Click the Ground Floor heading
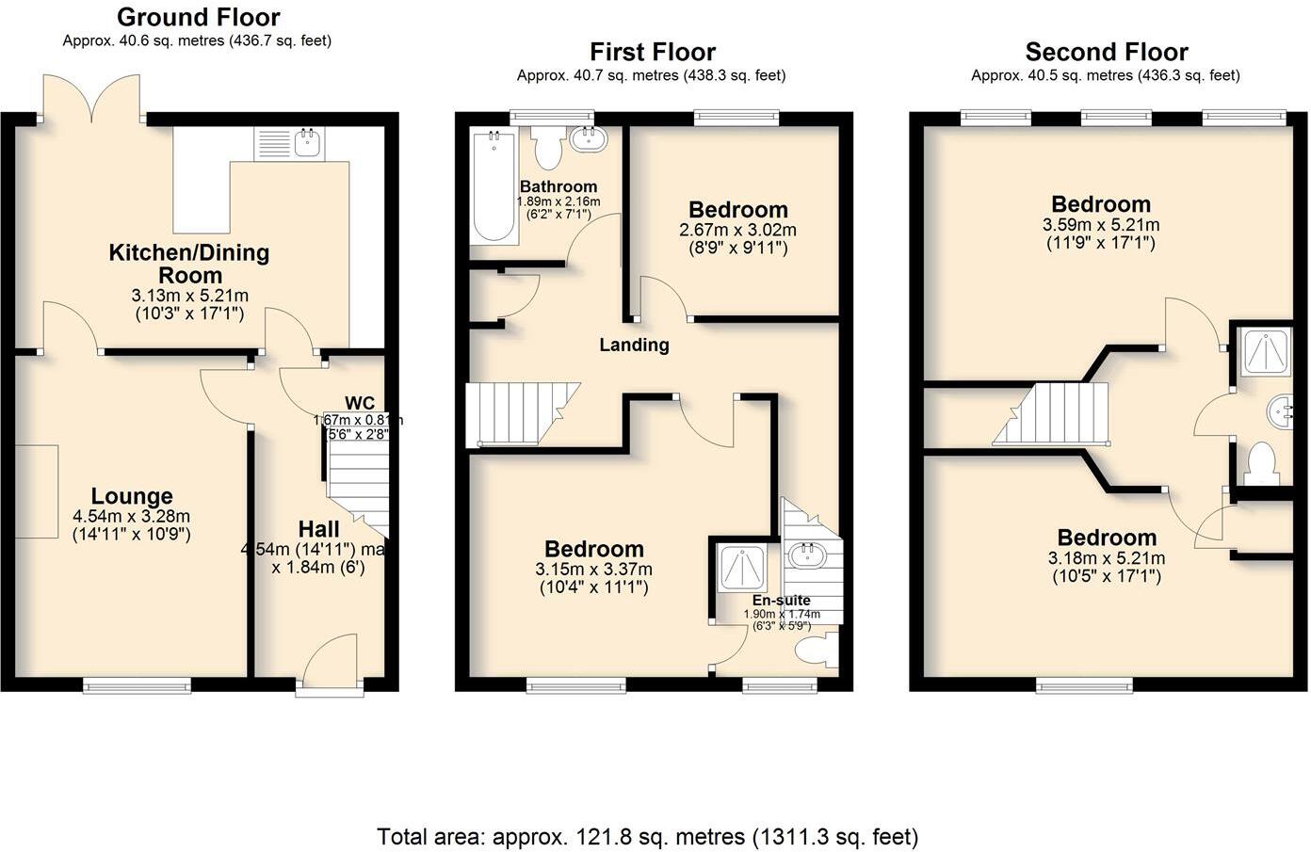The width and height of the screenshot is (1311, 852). point(198,17)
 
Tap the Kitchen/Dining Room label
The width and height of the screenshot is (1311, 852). point(189,264)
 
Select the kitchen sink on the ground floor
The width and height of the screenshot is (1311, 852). point(308,143)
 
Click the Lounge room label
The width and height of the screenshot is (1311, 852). point(132,496)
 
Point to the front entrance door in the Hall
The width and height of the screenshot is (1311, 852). point(329,666)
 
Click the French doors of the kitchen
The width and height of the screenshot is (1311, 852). point(91,99)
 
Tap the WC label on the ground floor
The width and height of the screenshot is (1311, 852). point(360,403)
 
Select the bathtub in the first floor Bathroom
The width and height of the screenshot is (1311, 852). point(490,185)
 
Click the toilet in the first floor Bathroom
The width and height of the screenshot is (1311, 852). point(546,148)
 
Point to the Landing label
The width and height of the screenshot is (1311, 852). point(634,345)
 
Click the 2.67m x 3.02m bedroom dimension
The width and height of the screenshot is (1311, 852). point(737,230)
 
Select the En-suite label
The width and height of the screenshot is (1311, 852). point(781,600)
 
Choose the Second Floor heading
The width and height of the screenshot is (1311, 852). point(1106,52)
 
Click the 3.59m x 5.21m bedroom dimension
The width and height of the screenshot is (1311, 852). point(1100,225)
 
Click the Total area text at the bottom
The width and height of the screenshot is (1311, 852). point(647,836)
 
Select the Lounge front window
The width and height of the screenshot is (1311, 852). point(137,684)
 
